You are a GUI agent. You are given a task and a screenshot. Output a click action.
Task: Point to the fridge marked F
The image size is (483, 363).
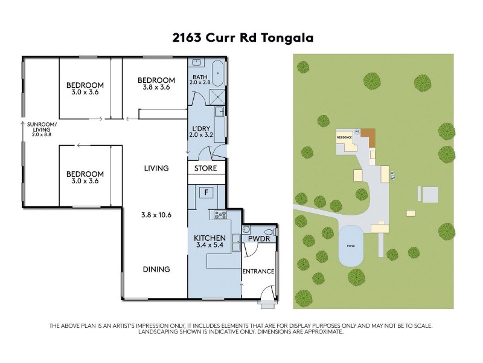point(206,192)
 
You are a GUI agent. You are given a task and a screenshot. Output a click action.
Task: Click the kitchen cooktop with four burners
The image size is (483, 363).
point(217,215)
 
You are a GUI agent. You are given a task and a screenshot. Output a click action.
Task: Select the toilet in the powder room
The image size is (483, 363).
point(275,232)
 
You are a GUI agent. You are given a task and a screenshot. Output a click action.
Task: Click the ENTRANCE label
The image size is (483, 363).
point(259,271)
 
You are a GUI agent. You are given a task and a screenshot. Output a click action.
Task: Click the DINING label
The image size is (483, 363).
point(157,269)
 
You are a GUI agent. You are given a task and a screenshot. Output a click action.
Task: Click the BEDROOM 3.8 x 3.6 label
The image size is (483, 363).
point(156,84)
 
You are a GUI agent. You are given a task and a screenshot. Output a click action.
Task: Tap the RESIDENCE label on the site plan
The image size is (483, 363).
point(345,138)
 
